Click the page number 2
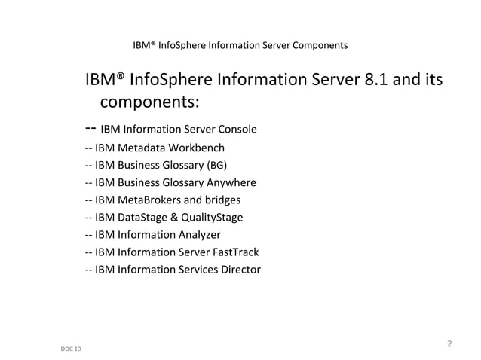coord(449,344)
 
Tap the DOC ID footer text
coord(71,349)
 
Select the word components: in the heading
coord(149,102)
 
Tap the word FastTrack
coord(232,252)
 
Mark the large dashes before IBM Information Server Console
coord(90,127)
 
